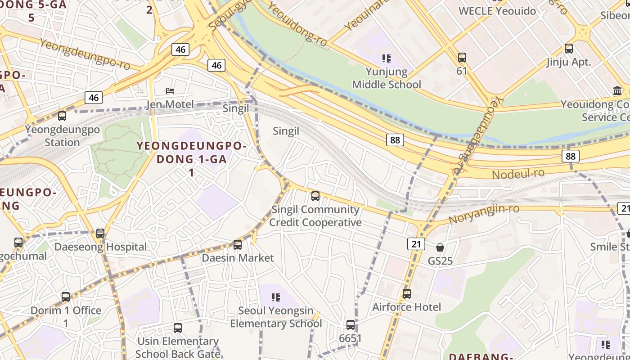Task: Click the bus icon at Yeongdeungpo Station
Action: coord(62,116)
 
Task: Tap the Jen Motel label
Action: coord(170,105)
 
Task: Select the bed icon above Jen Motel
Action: coord(170,91)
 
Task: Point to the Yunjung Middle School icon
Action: coord(386,58)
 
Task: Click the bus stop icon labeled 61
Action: coord(462,58)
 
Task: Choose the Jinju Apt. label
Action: coord(569,62)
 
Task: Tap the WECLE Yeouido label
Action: coord(497,11)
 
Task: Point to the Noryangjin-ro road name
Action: coord(484,214)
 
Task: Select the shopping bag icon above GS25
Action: coord(440,247)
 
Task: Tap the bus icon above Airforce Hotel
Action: coord(407,294)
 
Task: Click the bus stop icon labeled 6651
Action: coord(351,325)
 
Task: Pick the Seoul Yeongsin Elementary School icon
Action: coord(276,297)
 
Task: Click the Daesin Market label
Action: coord(238,258)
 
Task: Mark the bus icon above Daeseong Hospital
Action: coord(100,234)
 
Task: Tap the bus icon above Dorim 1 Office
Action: coord(66,297)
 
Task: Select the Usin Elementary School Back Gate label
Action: coord(178,347)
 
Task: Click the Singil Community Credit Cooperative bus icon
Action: coord(315,196)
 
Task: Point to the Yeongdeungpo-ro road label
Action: coord(85,54)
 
